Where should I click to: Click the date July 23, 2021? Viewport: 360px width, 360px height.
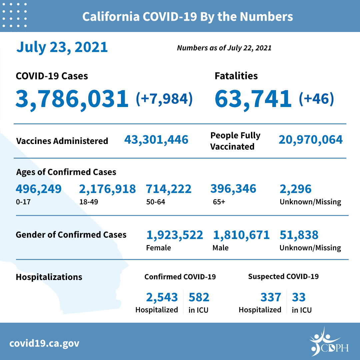coord(62,47)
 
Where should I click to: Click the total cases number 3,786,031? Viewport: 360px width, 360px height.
coord(72,99)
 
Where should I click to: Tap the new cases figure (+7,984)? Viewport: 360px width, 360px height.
coord(164,99)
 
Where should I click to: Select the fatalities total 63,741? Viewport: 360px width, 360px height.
coord(253,99)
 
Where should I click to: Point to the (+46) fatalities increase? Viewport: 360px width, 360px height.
coord(316,99)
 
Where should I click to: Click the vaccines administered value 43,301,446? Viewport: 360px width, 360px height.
coord(156,140)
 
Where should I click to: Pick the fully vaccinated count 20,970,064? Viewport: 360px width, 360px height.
coord(311,140)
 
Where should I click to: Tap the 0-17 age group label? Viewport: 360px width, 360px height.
coord(21,202)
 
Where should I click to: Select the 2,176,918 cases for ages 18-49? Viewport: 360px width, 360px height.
coord(107,189)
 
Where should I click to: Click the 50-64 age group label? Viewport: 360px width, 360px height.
coord(155,202)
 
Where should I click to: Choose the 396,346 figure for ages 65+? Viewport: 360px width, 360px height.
coord(233,189)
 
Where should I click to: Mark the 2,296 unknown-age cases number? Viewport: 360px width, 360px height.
coord(296,189)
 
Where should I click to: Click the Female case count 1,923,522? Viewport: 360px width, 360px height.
coord(175,235)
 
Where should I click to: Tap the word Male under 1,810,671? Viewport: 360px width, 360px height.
coord(220,248)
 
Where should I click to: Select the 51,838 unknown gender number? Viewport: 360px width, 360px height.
coord(299,235)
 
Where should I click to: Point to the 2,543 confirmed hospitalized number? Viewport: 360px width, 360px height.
coord(162,297)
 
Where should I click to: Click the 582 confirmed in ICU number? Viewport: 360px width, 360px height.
coord(199,297)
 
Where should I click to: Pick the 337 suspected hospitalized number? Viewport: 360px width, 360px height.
coord(270,297)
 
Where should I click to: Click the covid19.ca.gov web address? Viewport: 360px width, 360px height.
coord(44,343)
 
